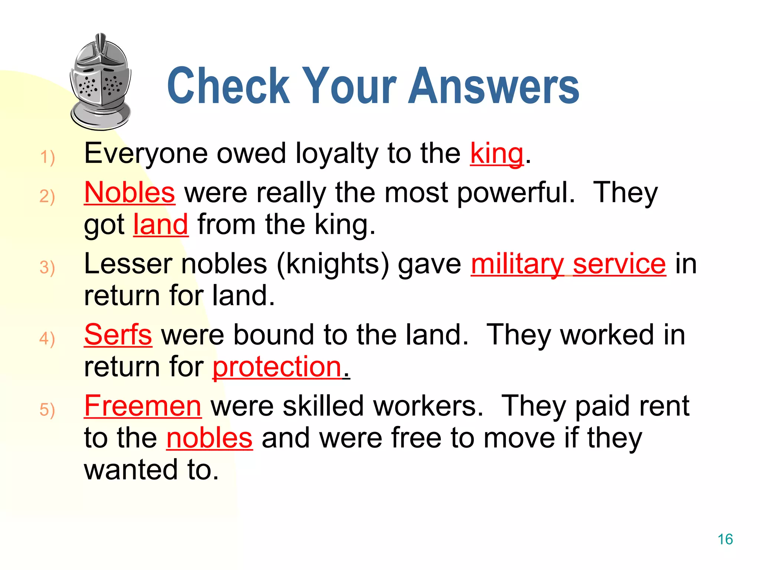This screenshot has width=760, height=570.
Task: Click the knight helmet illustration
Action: [101, 82]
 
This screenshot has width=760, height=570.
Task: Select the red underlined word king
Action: [497, 154]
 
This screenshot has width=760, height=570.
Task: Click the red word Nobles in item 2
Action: [130, 193]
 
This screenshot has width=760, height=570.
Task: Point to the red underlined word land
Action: [161, 225]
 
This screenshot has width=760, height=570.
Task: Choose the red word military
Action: [517, 264]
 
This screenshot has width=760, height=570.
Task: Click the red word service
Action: [619, 264]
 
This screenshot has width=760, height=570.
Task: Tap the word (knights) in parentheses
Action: [333, 264]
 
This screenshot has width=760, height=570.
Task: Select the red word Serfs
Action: [118, 335]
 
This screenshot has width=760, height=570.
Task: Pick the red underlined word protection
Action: [277, 367]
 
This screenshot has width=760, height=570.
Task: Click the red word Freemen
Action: [143, 406]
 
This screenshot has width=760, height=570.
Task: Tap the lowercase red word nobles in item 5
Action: [209, 438]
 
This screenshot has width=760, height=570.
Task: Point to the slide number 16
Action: [725, 539]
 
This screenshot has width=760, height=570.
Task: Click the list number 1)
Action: [47, 157]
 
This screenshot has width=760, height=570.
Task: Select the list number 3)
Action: [47, 268]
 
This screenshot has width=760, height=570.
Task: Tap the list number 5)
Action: [47, 410]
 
